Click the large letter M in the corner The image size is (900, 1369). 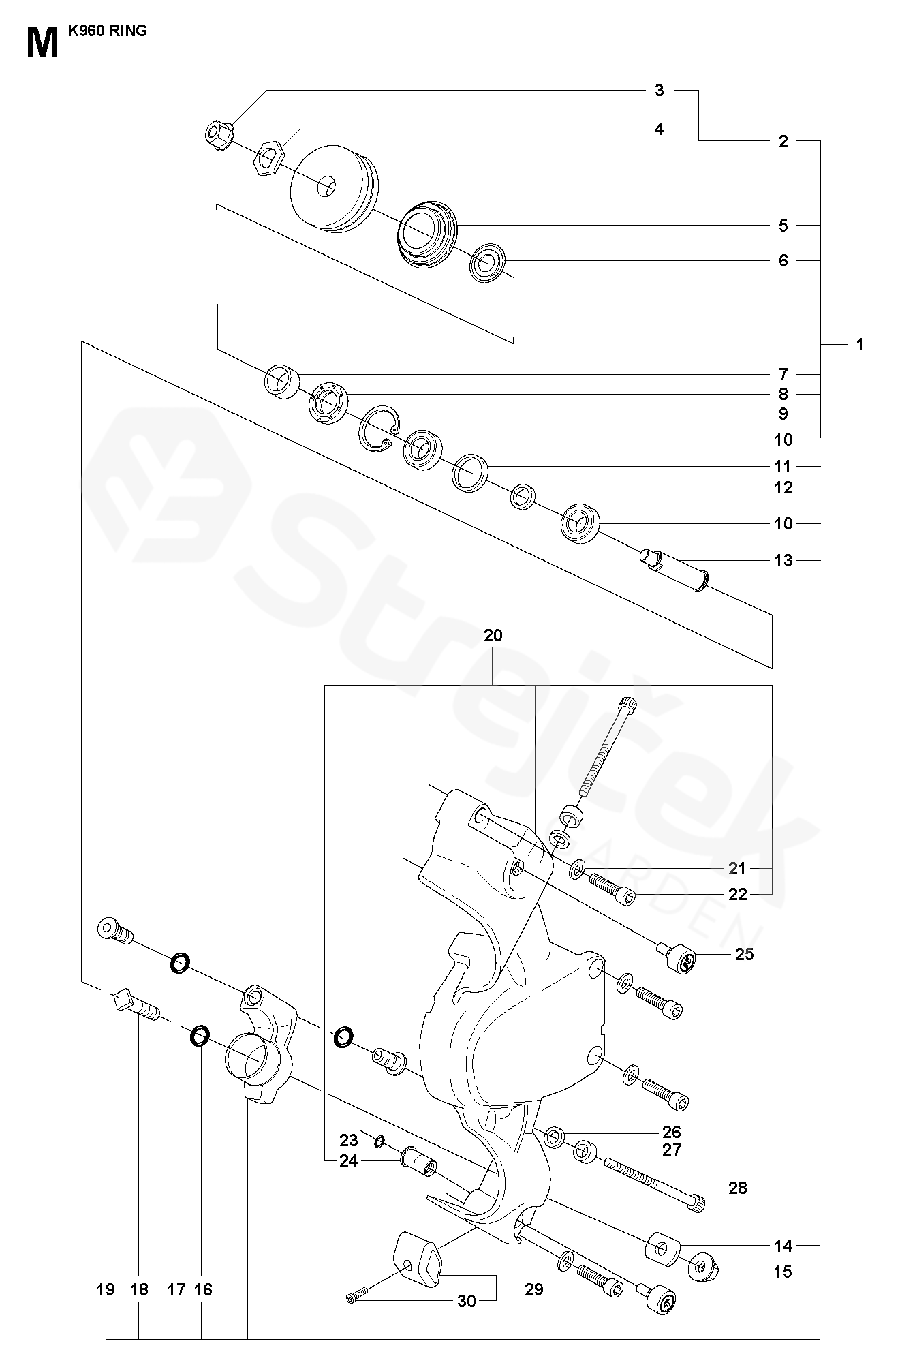pos(43,43)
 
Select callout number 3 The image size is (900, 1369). pos(659,90)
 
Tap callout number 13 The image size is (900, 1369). pos(784,560)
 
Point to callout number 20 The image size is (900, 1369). pos(493,635)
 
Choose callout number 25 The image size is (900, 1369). pos(745,954)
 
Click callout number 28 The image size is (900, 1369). pos(738,1188)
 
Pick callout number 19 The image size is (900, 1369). pos(106,1290)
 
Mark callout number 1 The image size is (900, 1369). pos(859,345)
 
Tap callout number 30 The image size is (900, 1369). pos(467,1302)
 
